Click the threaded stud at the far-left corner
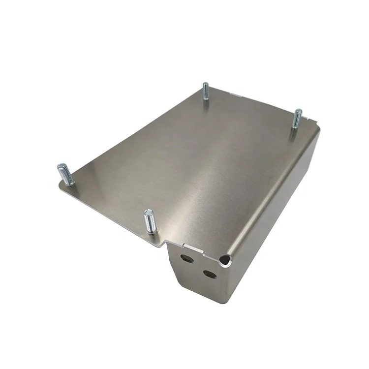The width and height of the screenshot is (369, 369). coord(66,174)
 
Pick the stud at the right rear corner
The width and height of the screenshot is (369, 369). coord(297,119)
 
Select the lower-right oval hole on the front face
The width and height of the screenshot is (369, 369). coord(209,273)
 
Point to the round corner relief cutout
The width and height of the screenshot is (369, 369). coord(225,259)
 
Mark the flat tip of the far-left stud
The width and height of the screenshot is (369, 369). coord(61,165)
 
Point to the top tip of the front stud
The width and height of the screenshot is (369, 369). coord(148,212)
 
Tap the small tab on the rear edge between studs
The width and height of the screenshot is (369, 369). coord(236,96)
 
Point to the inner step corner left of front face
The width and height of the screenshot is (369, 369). coord(168,242)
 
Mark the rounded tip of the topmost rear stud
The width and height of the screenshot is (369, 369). coord(205,84)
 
